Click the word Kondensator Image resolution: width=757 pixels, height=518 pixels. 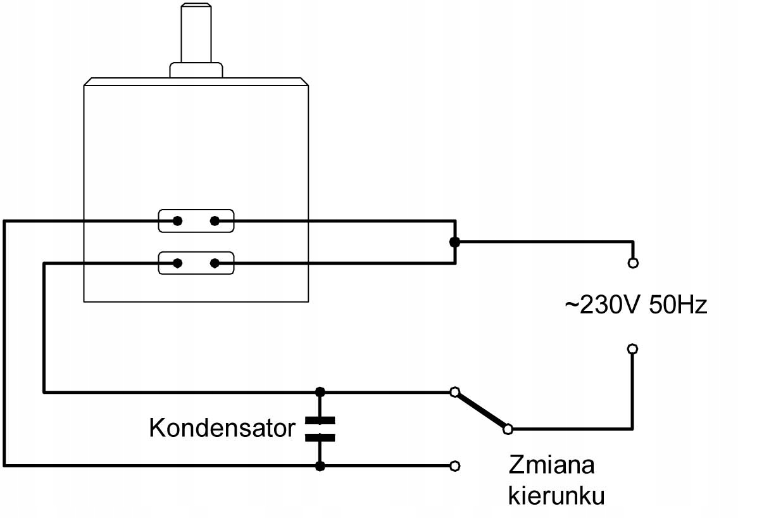click(x=222, y=428)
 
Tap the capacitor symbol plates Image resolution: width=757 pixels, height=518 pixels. click(x=320, y=429)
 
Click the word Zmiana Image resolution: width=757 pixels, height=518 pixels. click(x=552, y=465)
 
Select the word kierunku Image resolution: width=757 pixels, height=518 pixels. click(x=556, y=495)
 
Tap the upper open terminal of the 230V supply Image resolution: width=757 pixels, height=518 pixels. click(x=632, y=262)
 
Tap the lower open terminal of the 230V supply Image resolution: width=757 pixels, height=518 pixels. click(x=632, y=348)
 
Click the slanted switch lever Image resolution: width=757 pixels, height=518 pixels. click(x=481, y=410)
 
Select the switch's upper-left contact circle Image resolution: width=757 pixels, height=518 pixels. click(x=454, y=392)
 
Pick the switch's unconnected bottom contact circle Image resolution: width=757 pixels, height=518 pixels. click(x=454, y=467)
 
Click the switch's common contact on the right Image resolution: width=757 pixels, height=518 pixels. click(x=508, y=429)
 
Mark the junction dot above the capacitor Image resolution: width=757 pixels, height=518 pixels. click(x=320, y=392)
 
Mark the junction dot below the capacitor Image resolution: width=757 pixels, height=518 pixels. click(x=320, y=467)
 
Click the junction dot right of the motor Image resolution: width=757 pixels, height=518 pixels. click(x=454, y=242)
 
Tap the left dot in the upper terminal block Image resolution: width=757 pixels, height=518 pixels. click(x=178, y=221)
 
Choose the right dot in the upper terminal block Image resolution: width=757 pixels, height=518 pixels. click(x=215, y=221)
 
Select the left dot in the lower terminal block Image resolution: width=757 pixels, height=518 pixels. click(x=178, y=263)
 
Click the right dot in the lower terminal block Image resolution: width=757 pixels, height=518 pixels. click(x=215, y=263)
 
